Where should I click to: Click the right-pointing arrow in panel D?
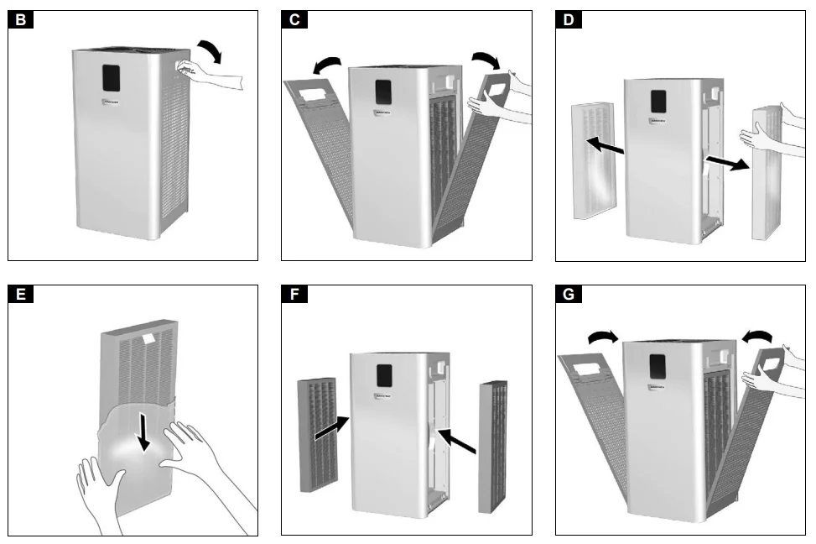[726, 162]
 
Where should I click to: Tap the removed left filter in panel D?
[592, 160]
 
